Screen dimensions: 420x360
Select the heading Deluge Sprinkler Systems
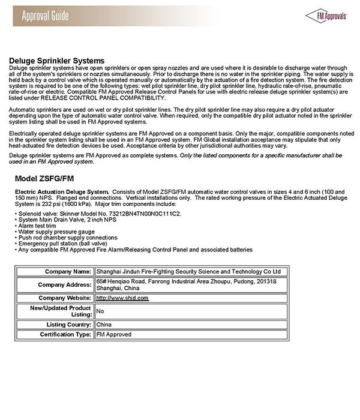tap(57, 61)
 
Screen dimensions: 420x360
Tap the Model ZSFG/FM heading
tap(46, 179)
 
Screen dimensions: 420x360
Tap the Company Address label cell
tap(64, 284)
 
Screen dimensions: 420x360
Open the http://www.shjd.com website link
tap(122, 298)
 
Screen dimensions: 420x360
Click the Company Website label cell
tap(63, 298)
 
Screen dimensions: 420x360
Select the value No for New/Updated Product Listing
tap(100, 311)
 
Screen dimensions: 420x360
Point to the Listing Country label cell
tap(67, 324)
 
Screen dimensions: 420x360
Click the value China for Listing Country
tap(104, 324)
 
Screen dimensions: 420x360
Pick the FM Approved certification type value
tap(114, 334)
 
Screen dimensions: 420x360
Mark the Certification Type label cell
tap(65, 334)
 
